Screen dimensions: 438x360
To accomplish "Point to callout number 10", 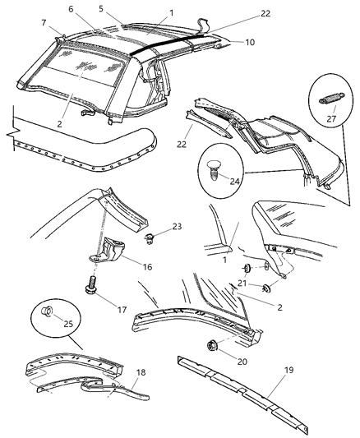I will (249, 41).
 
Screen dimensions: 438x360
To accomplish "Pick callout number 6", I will (71, 8).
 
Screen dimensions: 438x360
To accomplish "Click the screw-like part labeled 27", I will (328, 99).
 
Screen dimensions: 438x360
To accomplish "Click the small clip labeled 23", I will (151, 239).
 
